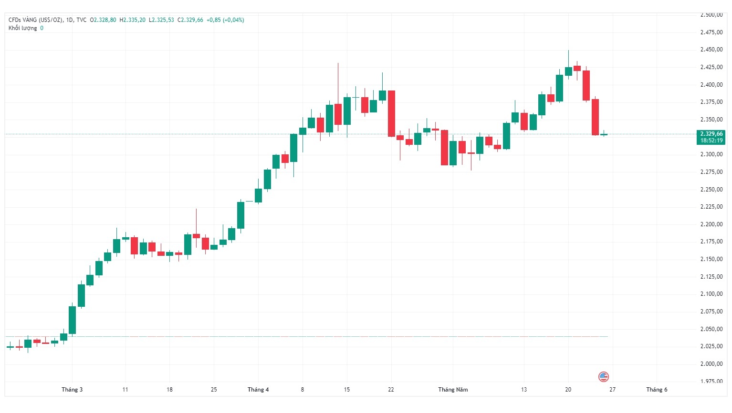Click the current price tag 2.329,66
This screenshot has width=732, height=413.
711,134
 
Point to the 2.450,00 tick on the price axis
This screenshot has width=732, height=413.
711,50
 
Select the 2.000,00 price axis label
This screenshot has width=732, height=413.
711,364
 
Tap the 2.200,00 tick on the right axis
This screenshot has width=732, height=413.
711,224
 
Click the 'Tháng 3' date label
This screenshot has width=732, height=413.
72,390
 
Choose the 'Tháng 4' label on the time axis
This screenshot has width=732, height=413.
258,390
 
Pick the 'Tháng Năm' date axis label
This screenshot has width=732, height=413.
453,390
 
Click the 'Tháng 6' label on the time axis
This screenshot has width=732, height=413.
657,390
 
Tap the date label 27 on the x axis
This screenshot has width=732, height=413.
612,390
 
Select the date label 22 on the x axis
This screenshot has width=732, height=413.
391,390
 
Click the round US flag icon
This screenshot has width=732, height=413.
604,377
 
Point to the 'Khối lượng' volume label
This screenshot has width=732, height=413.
22,28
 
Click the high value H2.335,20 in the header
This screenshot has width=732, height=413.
132,20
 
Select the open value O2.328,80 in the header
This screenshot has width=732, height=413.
103,20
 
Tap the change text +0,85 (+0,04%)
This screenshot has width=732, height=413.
225,20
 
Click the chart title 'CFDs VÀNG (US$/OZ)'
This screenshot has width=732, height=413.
36,20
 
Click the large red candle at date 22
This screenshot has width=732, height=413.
391,113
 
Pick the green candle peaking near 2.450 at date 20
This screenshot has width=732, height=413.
568,71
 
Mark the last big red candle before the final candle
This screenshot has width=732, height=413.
595,117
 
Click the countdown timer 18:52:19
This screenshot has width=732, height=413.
711,141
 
